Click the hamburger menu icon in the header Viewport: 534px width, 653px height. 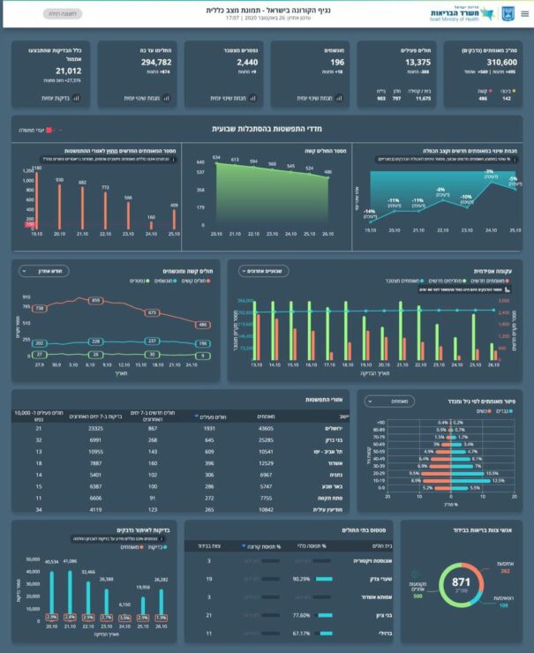click(523, 14)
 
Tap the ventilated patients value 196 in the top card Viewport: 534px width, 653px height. click(338, 64)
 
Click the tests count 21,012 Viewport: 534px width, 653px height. click(68, 71)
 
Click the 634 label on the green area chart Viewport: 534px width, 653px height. click(215, 158)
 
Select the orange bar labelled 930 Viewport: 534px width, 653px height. click(60, 207)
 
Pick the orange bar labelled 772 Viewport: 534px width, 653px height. click(106, 212)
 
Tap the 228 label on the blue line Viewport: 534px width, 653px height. click(95, 341)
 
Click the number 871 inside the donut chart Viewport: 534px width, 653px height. click(460, 583)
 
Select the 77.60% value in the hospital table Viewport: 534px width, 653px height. click(299, 614)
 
